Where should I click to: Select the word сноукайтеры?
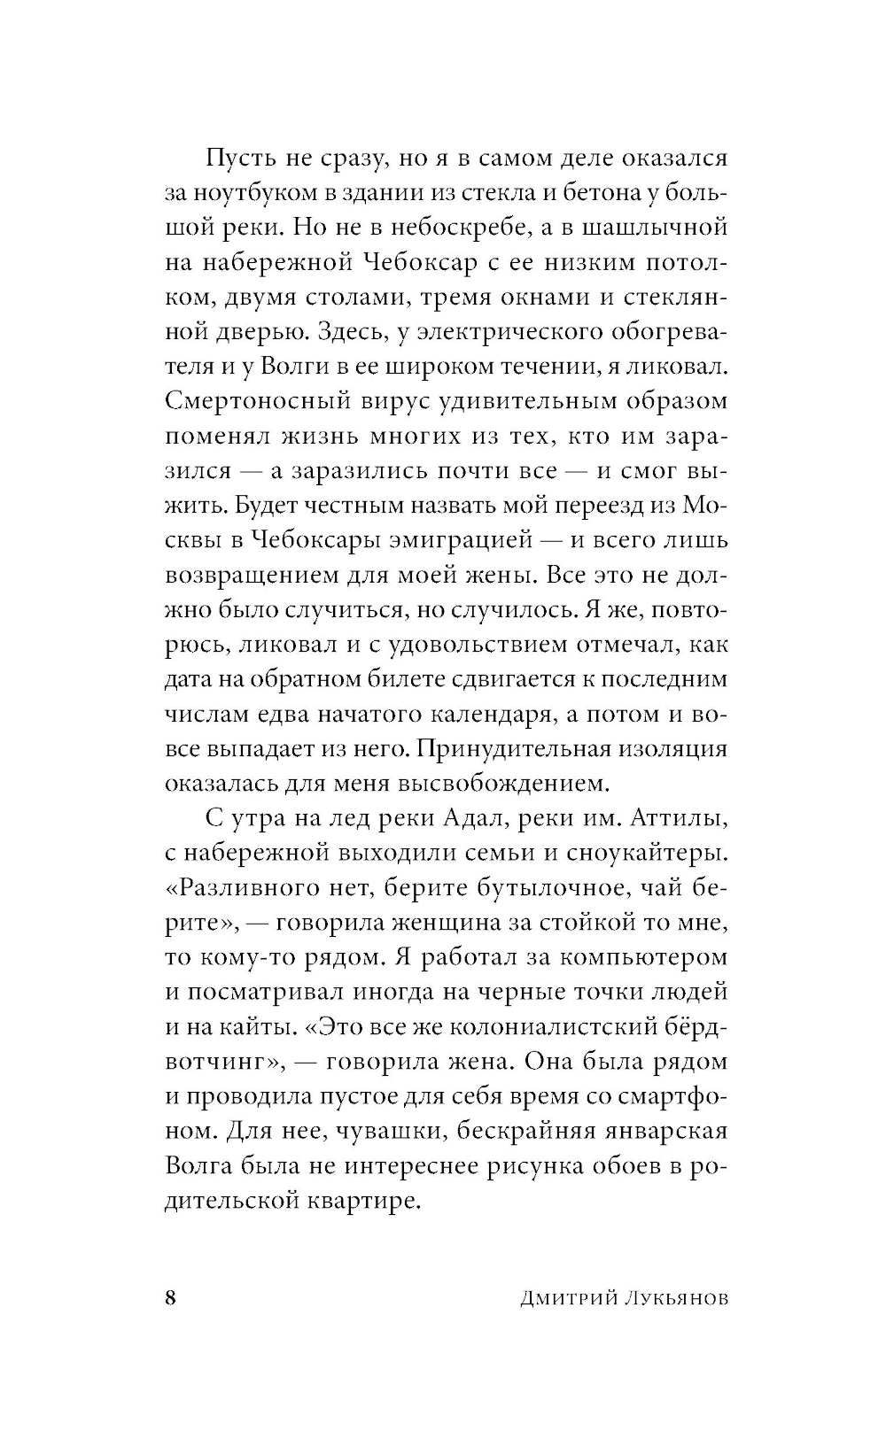[640, 853]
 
